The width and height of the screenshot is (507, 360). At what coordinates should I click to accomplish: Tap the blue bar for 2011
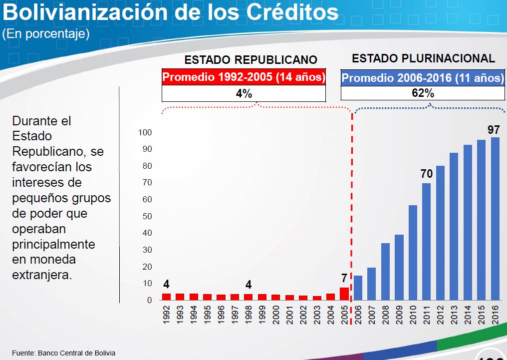[x=427, y=242]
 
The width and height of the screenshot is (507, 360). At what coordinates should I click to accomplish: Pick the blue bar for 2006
[x=358, y=288]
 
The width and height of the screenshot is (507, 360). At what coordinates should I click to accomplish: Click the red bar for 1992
[x=166, y=297]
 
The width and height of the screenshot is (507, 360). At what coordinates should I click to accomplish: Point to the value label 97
[x=494, y=130]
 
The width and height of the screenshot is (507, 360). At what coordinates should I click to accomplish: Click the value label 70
[x=427, y=174]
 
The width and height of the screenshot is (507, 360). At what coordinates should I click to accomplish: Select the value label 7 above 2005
[x=344, y=277]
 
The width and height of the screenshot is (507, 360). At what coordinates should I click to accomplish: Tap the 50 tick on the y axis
[x=147, y=216]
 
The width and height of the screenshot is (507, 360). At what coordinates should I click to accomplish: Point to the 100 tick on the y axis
[x=145, y=132]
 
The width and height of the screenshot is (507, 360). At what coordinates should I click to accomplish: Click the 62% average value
[x=423, y=93]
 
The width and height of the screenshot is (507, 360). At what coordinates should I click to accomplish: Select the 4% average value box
[x=244, y=93]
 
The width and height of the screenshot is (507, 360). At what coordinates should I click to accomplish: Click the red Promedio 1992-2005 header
[x=244, y=77]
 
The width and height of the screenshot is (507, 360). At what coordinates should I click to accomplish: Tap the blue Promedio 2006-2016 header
[x=423, y=78]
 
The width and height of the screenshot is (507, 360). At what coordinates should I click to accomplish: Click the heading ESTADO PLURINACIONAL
[x=423, y=58]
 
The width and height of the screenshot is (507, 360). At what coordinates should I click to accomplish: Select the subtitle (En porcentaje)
[x=46, y=34]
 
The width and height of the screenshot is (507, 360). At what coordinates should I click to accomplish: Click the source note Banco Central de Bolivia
[x=75, y=353]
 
